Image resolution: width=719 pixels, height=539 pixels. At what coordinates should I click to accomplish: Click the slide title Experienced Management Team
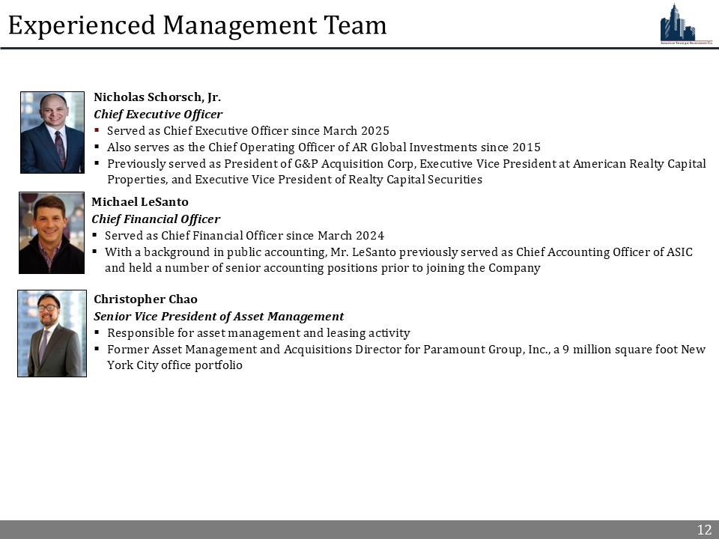tap(197, 25)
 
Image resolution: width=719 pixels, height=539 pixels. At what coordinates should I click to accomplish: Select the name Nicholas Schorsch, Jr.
tap(157, 97)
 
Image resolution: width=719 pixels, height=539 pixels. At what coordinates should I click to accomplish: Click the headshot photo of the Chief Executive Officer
tap(52, 133)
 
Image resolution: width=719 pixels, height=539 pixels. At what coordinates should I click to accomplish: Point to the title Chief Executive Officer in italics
tap(158, 114)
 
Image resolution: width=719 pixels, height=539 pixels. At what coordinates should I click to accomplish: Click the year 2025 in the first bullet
tap(374, 130)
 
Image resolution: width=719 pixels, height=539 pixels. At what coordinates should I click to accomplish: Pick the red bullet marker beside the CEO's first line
tap(97, 130)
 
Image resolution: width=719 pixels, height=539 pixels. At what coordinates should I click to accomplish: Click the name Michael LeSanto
tap(140, 202)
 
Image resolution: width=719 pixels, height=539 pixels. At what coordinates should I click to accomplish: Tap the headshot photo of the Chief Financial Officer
tap(52, 233)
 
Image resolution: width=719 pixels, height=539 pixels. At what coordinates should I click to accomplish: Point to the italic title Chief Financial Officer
tap(156, 219)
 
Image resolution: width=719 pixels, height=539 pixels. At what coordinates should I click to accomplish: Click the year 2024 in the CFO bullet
tap(369, 235)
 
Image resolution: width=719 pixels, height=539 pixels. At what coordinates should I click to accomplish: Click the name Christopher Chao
tap(145, 299)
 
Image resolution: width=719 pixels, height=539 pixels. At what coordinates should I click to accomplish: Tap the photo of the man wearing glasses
tap(52, 333)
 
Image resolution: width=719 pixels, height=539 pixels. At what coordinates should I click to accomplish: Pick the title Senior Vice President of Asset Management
tap(219, 317)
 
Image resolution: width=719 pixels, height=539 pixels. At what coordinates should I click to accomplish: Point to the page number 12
tap(704, 530)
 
